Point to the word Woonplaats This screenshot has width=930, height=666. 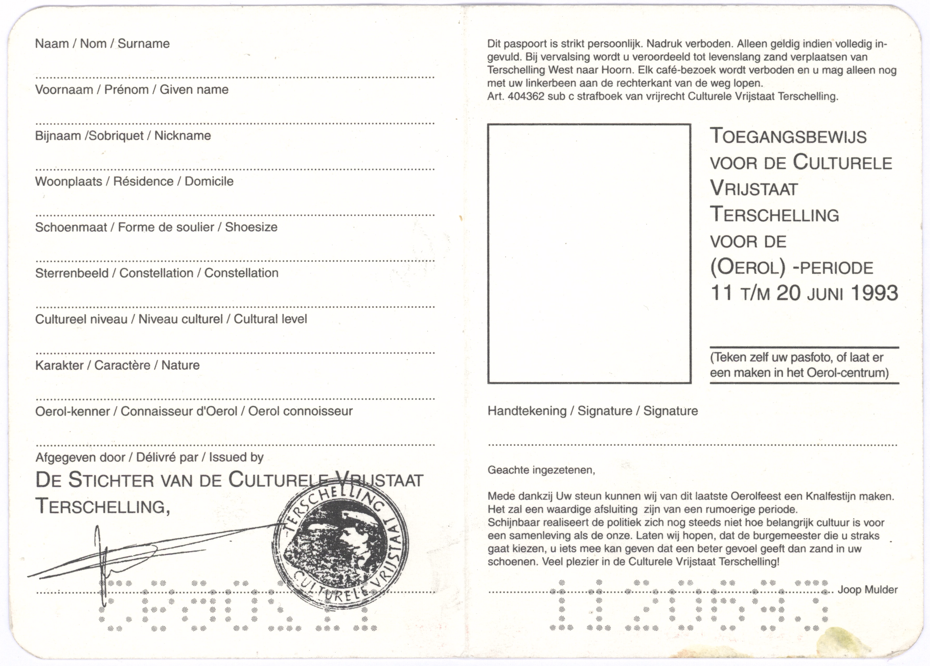point(68,182)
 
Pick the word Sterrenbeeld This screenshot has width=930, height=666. point(72,273)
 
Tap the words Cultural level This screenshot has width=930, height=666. point(270,319)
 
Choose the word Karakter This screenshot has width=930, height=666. point(59,365)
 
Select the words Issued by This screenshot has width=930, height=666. point(236,457)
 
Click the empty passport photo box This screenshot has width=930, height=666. point(589,254)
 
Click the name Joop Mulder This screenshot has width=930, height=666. point(867,590)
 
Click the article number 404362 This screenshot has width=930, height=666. point(526,97)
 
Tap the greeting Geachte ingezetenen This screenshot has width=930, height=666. point(541,470)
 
